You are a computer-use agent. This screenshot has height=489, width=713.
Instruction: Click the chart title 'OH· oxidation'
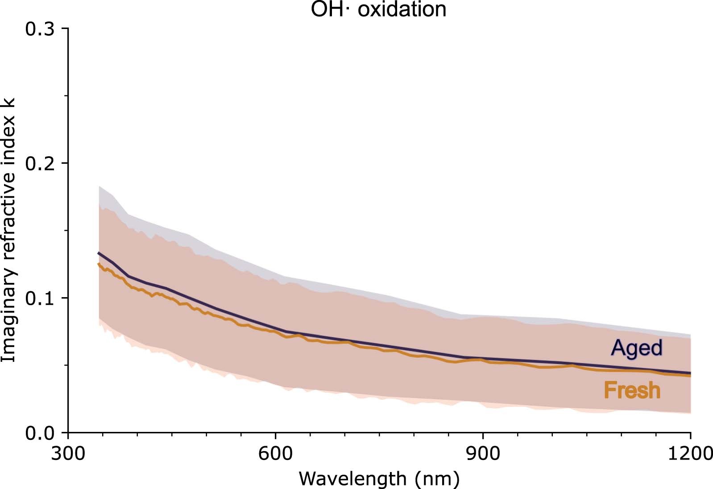(378, 9)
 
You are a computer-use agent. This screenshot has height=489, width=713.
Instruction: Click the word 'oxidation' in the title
(402, 9)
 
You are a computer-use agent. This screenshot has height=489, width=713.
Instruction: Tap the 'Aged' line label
(637, 348)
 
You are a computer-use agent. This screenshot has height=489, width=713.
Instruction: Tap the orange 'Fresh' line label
(632, 390)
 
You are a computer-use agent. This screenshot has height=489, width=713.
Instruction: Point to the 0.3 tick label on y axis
(40, 29)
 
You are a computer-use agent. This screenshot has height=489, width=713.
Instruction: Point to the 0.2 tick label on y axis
(40, 164)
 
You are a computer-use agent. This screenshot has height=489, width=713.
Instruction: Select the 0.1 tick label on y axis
(40, 298)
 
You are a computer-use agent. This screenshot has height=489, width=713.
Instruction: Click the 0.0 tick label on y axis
(40, 433)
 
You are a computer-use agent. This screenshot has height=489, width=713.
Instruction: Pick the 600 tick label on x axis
(275, 454)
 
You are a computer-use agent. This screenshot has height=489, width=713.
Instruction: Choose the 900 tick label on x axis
(483, 454)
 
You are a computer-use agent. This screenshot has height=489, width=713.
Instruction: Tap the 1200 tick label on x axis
(690, 454)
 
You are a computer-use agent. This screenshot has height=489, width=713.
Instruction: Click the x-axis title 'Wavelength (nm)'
(379, 479)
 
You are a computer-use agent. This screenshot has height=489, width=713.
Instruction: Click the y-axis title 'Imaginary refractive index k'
(9, 230)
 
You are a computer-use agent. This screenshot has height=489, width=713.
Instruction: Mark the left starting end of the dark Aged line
(99, 253)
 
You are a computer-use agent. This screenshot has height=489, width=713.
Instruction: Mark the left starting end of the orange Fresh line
(99, 264)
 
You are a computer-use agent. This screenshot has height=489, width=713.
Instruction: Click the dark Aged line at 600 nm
(275, 329)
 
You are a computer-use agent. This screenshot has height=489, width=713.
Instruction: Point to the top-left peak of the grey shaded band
(99, 186)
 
